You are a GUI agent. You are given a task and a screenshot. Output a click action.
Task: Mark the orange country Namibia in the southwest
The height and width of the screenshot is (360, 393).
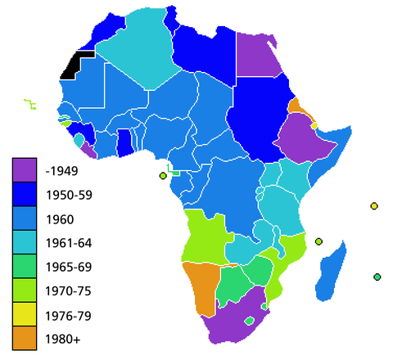point(199,282)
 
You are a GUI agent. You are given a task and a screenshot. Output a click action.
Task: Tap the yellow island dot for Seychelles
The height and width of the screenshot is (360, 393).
point(373,205)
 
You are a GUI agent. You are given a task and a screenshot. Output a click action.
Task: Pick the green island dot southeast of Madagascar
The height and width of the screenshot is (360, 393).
point(377,277)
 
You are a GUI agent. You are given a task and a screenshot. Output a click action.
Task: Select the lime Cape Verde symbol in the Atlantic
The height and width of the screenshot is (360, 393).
point(29,104)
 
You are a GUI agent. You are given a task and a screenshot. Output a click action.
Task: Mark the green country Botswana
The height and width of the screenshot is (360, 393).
point(233,283)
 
